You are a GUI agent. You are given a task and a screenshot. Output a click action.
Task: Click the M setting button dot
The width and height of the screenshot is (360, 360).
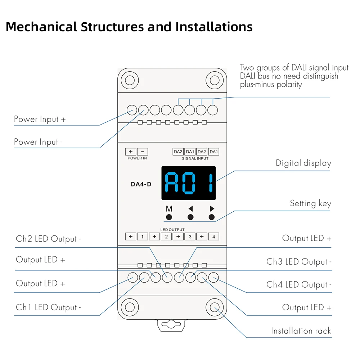[169, 217]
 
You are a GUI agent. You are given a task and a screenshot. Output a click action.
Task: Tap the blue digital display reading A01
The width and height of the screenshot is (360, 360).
[189, 183]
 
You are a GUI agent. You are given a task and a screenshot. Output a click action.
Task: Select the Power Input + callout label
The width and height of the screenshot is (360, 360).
[40, 119]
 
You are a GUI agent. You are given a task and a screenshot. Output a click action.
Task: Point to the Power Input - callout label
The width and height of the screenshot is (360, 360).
[38, 142]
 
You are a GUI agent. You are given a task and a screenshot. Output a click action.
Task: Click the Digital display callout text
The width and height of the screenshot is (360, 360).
[303, 163]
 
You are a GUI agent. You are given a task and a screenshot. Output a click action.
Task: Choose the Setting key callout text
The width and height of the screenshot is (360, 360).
[310, 203]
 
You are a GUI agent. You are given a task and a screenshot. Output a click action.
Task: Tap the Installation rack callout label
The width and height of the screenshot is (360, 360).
[301, 331]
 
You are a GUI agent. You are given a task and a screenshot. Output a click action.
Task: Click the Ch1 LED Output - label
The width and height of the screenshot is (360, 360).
[48, 307]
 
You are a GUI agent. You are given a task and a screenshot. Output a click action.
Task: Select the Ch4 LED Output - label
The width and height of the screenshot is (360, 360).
[299, 285]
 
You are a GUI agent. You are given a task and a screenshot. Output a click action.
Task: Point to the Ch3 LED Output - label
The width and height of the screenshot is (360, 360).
[299, 262]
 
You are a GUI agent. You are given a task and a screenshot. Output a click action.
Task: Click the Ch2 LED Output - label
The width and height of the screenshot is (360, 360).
[48, 239]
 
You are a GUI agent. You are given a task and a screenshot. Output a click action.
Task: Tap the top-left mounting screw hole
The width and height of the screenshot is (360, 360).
[128, 79]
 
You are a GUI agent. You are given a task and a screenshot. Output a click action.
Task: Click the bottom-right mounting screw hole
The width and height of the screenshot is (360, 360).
[215, 308]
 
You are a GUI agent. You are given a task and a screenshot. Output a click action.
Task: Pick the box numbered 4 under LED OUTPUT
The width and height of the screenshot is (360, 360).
[214, 237]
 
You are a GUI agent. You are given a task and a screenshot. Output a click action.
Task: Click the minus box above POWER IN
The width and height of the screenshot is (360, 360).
[143, 152]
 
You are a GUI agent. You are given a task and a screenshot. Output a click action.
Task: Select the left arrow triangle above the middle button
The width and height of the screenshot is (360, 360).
[190, 208]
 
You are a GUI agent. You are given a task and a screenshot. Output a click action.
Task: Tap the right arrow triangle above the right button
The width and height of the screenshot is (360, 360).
[212, 208]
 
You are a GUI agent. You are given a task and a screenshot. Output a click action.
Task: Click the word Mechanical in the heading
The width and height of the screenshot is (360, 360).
[41, 27]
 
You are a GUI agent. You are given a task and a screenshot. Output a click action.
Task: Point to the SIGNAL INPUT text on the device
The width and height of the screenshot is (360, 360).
[195, 158]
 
